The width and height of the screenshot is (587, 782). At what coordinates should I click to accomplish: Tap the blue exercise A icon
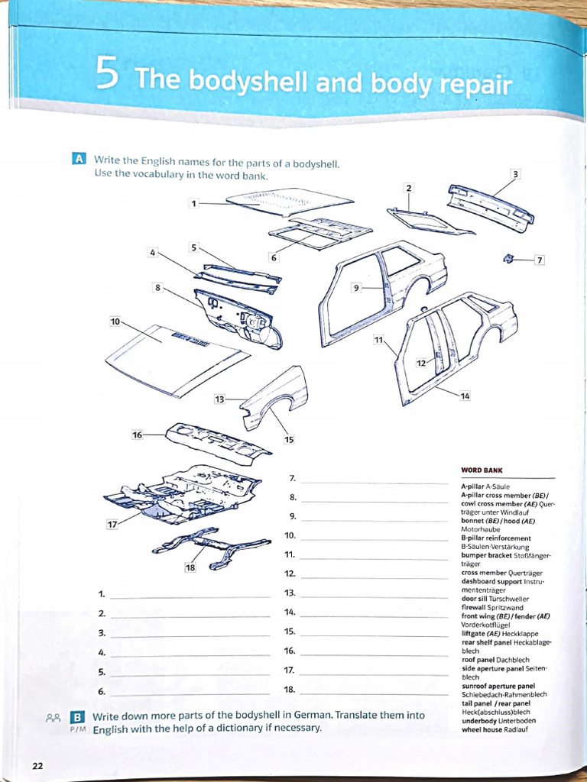pyautogui.click(x=78, y=159)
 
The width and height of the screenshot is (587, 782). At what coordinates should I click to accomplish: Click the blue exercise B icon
pyautogui.click(x=76, y=717)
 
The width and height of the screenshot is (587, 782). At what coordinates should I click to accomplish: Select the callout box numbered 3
pyautogui.click(x=516, y=174)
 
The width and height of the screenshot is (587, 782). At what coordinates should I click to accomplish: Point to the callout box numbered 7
pyautogui.click(x=540, y=260)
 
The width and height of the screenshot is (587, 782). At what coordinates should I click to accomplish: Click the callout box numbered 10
pyautogui.click(x=115, y=322)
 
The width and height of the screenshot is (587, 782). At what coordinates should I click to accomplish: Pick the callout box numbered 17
pyautogui.click(x=113, y=525)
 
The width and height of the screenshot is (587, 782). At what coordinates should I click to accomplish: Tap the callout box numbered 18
pyautogui.click(x=191, y=567)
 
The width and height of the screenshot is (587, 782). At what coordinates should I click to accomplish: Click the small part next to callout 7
pyautogui.click(x=508, y=259)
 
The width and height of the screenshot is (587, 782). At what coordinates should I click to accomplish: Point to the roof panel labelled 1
pyautogui.click(x=290, y=202)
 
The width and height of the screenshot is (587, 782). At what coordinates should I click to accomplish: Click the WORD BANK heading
pyautogui.click(x=482, y=470)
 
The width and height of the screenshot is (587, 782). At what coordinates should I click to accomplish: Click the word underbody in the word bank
pyautogui.click(x=479, y=720)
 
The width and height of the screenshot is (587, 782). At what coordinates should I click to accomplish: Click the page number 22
pyautogui.click(x=37, y=766)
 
